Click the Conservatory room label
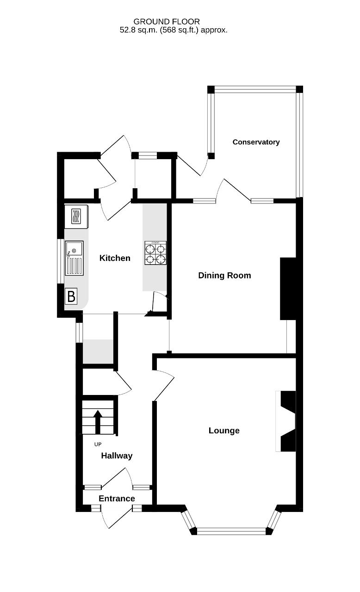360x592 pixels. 256,142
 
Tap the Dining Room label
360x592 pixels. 224,275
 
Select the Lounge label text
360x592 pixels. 224,430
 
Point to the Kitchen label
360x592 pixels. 115,258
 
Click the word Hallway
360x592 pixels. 117,456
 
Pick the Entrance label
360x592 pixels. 117,499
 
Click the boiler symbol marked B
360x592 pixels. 71,296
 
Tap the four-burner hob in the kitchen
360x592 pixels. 155,253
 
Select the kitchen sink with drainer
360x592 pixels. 74,258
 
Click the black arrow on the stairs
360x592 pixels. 98,422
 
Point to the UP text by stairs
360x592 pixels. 98,444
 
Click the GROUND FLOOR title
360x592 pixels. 167,21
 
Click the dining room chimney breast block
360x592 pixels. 288,289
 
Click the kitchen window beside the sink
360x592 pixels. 61,261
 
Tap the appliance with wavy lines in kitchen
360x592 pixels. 76,217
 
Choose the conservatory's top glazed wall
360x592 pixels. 254,89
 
